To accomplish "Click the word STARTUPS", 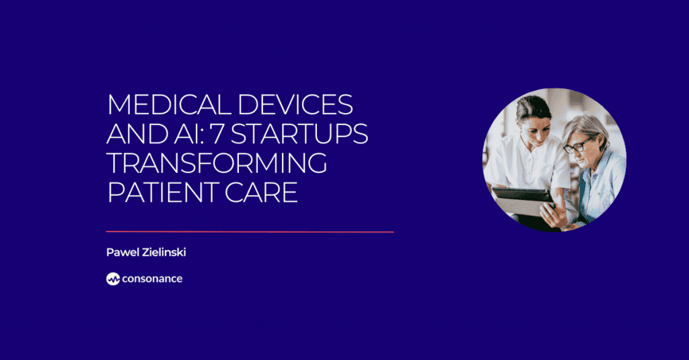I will point(305,134).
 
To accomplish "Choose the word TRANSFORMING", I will point(217,164).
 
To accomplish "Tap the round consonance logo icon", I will point(112,279).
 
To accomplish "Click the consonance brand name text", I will point(152,279).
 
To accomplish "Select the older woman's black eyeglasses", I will point(578,145).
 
